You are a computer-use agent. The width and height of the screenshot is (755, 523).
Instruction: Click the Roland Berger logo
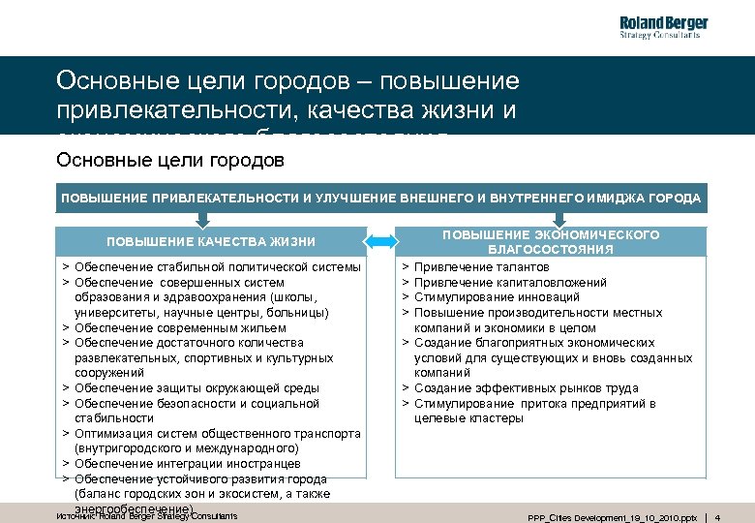click(x=663, y=27)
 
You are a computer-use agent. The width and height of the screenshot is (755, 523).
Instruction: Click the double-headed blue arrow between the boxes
click(x=384, y=241)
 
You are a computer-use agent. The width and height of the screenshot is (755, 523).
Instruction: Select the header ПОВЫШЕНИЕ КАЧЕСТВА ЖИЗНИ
click(x=211, y=241)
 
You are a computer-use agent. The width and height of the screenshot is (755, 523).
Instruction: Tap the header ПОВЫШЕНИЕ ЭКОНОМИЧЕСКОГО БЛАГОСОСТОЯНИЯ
click(x=551, y=242)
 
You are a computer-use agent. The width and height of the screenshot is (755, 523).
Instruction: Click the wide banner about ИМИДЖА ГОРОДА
click(x=381, y=198)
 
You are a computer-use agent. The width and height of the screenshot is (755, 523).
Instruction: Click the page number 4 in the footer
click(x=744, y=517)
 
